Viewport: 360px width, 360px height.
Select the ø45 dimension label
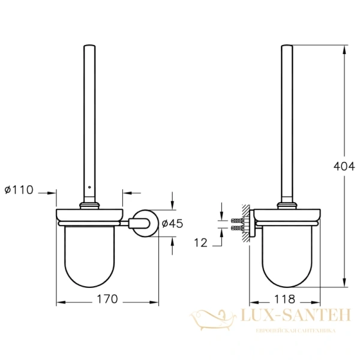[x=172, y=223]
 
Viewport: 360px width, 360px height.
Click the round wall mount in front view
[x=146, y=223]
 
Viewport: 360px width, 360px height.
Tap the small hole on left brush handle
[x=90, y=187]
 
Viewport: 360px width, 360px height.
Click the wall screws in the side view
[x=237, y=224]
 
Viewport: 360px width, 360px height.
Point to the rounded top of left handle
[x=90, y=46]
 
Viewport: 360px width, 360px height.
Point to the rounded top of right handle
[x=287, y=46]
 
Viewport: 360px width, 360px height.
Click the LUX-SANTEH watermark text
[x=295, y=315]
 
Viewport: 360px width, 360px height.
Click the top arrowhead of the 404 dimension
[x=344, y=49]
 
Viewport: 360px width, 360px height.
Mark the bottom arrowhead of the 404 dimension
[x=344, y=284]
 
